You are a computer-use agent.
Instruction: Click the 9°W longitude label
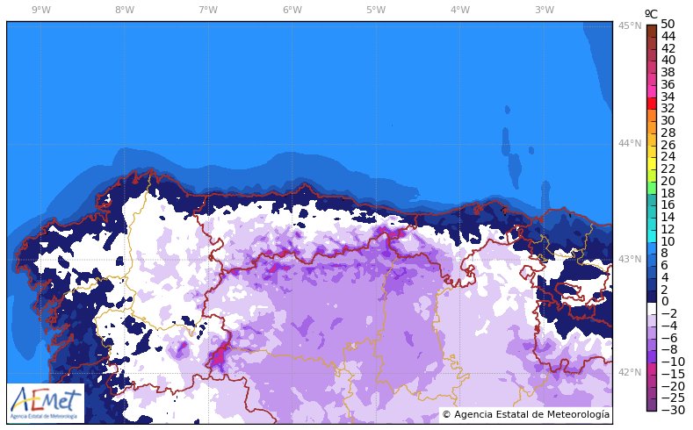coord(40,10)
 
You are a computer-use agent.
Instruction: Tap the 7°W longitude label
coord(208,10)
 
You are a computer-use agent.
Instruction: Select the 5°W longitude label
coord(376,10)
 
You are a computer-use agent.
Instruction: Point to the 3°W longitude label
coord(544,10)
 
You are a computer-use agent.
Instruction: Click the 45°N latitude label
coord(627,26)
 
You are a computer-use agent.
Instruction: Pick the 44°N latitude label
coord(627,144)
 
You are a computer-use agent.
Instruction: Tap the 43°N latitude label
coord(627,260)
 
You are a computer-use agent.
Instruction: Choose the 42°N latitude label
coord(627,373)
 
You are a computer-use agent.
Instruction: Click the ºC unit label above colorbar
coord(651,13)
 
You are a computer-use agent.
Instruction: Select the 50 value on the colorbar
coord(668,24)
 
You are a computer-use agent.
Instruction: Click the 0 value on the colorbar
coord(664,301)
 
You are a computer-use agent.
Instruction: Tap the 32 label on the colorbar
coord(668,108)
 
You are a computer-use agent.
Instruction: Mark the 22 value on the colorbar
coord(668,168)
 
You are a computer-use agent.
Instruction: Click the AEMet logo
coord(46,403)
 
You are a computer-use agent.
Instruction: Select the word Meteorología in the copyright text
coord(578,414)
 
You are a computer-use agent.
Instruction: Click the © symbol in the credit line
coord(446,414)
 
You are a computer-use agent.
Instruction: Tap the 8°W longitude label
coord(125,10)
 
